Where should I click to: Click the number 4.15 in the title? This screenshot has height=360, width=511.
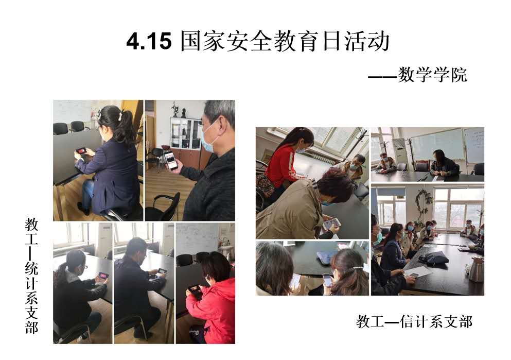coord(149,41)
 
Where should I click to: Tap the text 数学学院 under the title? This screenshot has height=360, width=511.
coord(432,75)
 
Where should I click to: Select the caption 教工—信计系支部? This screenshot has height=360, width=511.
coord(414,321)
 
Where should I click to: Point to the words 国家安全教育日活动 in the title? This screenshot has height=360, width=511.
coord(285,41)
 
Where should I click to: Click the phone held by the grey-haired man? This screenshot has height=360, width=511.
coord(171,160)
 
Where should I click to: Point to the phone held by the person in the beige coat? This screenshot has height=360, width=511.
coord(331,224)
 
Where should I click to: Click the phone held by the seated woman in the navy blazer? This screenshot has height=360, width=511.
coord(81,151)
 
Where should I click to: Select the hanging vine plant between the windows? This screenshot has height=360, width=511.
coord(424,202)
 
